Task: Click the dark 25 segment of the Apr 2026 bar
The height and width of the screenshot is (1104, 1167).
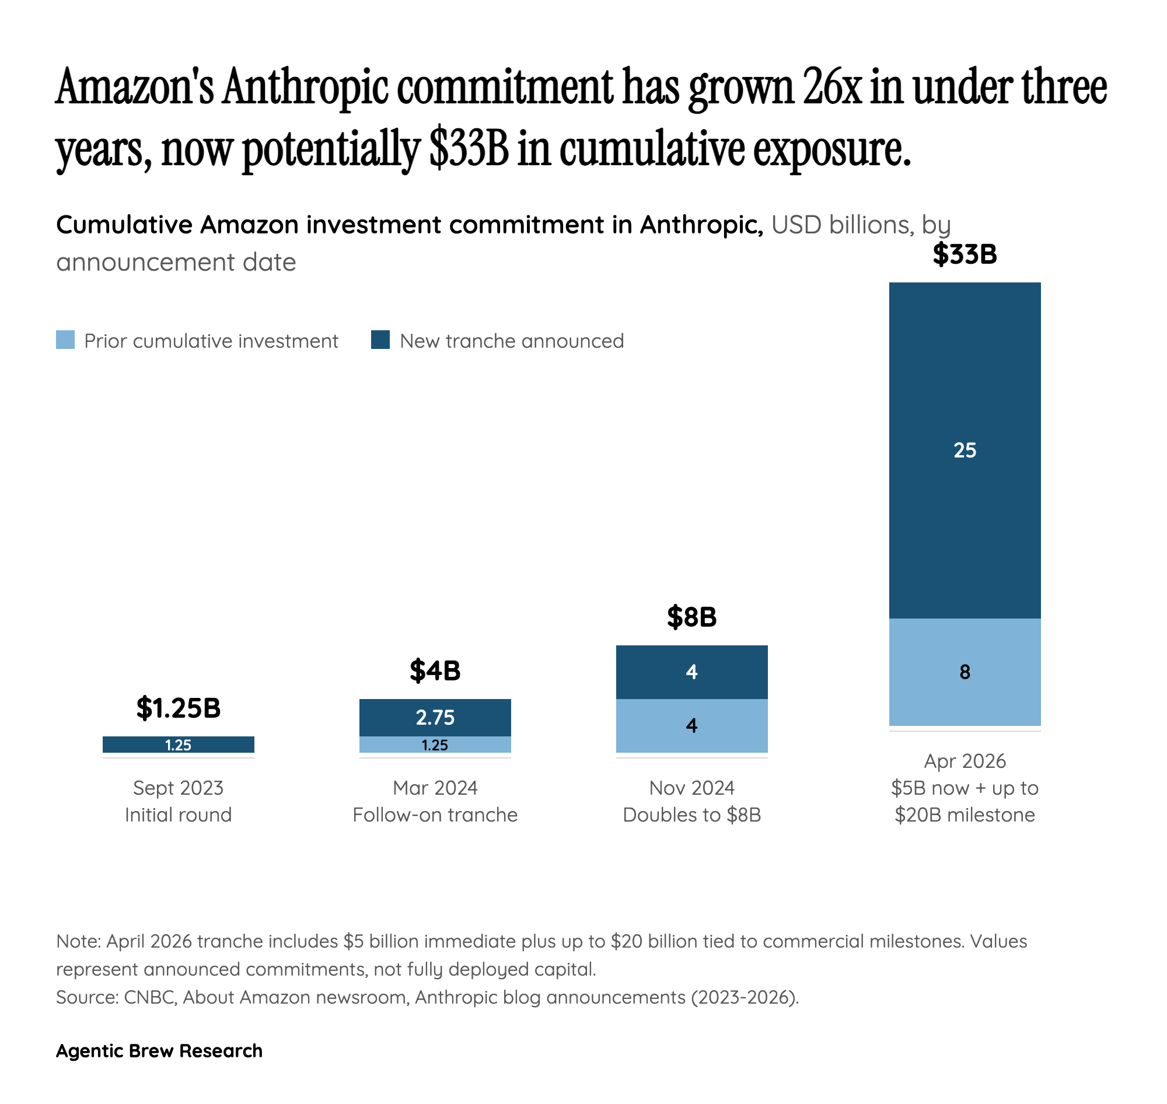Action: coord(964,450)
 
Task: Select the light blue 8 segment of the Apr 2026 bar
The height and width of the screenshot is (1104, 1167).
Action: coord(964,672)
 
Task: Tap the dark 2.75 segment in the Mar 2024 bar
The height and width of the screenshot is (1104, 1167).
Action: coord(435,717)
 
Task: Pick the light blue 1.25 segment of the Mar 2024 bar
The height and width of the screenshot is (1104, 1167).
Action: coord(435,745)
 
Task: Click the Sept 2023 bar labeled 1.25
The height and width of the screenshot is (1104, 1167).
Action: coord(179,745)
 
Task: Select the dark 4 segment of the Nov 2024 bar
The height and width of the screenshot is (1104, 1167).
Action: coord(691,672)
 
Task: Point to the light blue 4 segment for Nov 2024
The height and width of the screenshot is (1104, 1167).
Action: coord(691,725)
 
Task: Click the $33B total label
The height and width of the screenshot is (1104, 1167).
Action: coord(964,254)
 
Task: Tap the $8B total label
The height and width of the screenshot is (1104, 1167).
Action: coord(691,617)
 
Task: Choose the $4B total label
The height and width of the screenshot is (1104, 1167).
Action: coord(435,670)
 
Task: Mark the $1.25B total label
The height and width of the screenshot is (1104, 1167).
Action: coord(179,707)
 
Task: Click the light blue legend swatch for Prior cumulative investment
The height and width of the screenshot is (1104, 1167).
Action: coord(65,340)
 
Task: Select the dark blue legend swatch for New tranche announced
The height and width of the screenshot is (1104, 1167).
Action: coord(380,340)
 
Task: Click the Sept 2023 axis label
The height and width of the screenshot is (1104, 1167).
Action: coord(179,787)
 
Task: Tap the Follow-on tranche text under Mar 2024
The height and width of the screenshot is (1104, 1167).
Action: coord(435,815)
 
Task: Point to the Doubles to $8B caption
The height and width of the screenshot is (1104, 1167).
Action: coord(691,815)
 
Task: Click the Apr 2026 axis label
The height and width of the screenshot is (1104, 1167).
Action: coord(964,761)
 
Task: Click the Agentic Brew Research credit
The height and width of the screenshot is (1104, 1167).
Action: coord(159,1050)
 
